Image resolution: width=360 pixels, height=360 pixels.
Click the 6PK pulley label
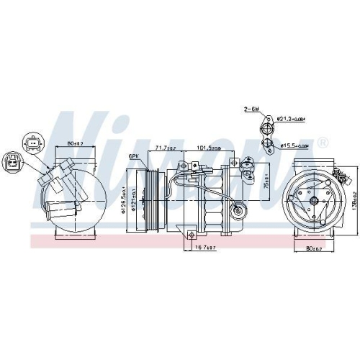click(x=133, y=156)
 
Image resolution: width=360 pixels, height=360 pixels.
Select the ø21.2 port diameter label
click(x=290, y=117)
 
